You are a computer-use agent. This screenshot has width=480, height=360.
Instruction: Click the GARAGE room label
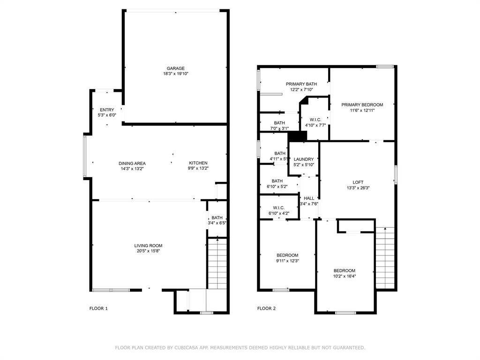pyautogui.click(x=176, y=68)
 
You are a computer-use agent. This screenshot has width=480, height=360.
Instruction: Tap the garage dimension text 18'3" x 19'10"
pyautogui.click(x=176, y=74)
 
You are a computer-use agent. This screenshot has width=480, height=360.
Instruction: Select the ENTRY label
pyautogui.click(x=107, y=110)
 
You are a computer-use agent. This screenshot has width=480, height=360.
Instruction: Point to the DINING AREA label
pyautogui.click(x=132, y=163)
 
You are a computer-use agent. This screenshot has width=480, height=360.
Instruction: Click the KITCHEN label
pyautogui.click(x=198, y=163)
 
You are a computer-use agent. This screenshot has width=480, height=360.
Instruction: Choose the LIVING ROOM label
pyautogui.click(x=148, y=246)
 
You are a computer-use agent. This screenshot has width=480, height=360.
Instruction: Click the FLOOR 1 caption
pyautogui.click(x=98, y=308)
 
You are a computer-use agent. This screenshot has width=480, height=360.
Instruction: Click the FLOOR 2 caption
pyautogui.click(x=266, y=308)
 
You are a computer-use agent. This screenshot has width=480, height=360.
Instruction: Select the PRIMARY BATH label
pyautogui.click(x=301, y=84)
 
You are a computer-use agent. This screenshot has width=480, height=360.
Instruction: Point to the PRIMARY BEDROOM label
pyautogui.click(x=362, y=105)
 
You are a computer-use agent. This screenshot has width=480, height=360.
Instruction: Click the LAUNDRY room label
pyautogui.click(x=304, y=159)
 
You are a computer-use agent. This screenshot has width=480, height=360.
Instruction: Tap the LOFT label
pyautogui.click(x=358, y=182)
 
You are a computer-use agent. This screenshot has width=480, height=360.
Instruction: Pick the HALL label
pyautogui.click(x=309, y=198)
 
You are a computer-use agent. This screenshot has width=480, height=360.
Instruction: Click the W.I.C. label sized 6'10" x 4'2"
pyautogui.click(x=279, y=208)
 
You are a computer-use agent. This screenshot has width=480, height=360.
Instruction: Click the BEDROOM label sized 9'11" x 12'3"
pyautogui.click(x=287, y=255)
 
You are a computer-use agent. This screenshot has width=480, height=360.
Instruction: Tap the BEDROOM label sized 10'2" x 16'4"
pyautogui.click(x=344, y=270)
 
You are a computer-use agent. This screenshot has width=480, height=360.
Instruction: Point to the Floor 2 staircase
pyautogui.click(x=385, y=258)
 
